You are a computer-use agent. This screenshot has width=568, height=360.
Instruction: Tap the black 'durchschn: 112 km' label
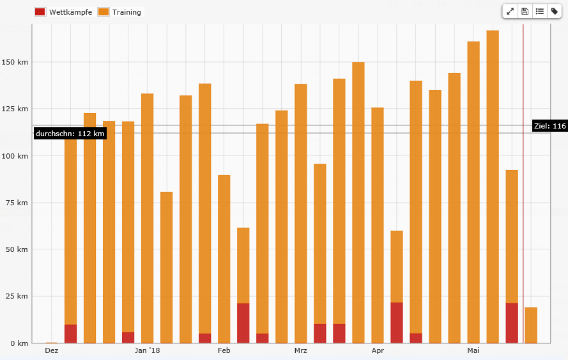click(70, 134)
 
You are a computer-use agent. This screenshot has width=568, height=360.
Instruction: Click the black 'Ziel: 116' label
click(549, 126)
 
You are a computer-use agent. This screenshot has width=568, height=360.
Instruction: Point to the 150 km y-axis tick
click(16, 62)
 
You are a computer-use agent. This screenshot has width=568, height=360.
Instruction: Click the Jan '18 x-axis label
click(148, 350)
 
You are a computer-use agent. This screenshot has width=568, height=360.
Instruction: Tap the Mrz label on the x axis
click(301, 350)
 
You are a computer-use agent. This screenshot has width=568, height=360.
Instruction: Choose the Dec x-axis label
click(52, 350)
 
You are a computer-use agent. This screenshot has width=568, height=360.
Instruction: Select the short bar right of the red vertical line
click(530, 325)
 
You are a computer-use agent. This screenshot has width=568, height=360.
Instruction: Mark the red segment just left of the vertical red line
click(511, 323)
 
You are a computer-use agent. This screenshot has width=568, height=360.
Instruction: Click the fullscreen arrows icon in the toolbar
click(510, 11)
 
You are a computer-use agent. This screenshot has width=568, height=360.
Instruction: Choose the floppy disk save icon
click(525, 11)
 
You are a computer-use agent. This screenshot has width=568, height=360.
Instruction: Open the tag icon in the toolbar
click(554, 11)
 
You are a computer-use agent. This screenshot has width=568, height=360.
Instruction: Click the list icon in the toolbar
click(539, 11)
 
